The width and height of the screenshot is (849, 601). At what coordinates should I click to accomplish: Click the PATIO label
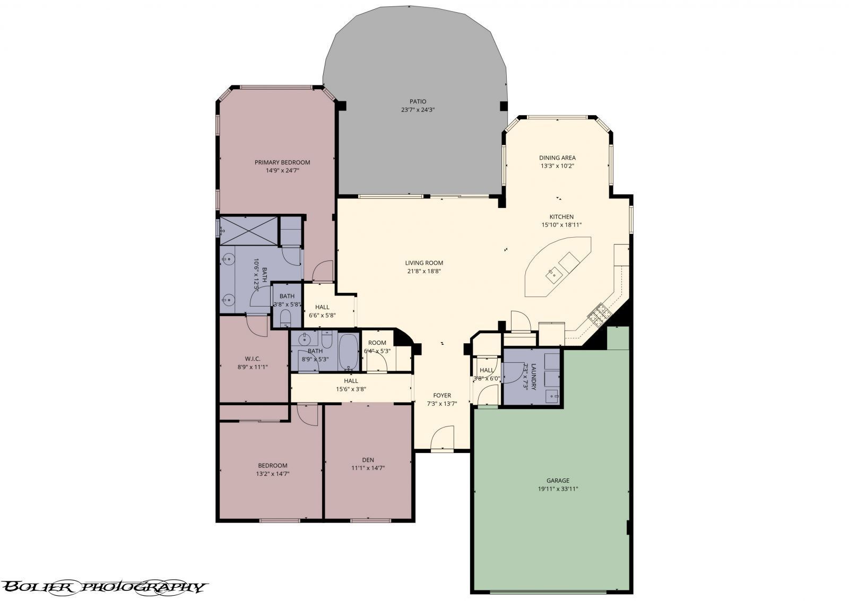point(418,101)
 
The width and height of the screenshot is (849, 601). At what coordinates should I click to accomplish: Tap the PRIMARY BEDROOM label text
point(282,162)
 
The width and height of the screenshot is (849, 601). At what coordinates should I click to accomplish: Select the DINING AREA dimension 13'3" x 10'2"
point(557,166)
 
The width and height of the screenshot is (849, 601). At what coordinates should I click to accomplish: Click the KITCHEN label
point(561,217)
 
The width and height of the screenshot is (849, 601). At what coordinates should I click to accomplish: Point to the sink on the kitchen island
point(553,274)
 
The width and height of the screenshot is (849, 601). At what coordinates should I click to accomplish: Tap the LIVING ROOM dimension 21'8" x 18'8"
point(423,271)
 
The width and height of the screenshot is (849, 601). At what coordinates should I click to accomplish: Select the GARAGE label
point(557,481)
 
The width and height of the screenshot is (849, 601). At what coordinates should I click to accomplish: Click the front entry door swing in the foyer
point(441,439)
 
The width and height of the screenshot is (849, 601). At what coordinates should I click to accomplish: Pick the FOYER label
point(442,395)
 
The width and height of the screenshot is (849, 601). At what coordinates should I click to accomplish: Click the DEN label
point(368,460)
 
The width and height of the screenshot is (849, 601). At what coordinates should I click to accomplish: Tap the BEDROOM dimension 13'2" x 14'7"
point(272,474)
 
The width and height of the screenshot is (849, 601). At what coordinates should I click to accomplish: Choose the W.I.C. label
point(252,359)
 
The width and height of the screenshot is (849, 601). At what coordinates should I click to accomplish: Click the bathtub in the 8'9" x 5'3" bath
point(348,351)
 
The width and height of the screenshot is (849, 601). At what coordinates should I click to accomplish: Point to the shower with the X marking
point(249,230)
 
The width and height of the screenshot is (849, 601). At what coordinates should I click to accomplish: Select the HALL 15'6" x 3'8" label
point(351,381)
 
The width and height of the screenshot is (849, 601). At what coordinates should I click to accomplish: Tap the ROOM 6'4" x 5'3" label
point(377,343)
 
